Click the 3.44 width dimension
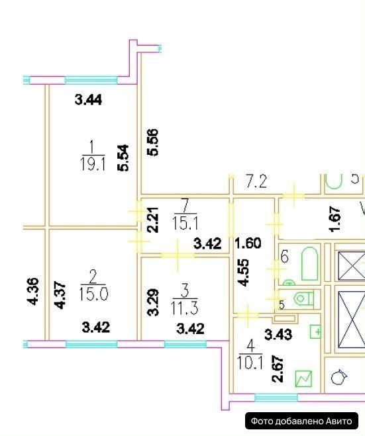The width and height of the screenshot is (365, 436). click(x=88, y=99)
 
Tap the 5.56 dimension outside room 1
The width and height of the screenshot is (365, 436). click(x=153, y=142)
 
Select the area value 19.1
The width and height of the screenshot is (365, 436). click(x=93, y=164)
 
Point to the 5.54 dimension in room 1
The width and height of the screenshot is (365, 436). click(x=123, y=157)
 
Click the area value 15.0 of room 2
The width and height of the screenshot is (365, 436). click(x=93, y=294)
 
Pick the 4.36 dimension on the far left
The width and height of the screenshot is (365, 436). click(x=33, y=291)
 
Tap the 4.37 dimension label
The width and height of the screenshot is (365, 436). click(x=61, y=294)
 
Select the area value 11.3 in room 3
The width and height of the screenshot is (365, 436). click(x=185, y=308)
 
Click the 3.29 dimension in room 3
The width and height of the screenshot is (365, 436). click(x=154, y=302)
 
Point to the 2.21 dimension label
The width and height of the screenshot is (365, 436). click(x=153, y=220)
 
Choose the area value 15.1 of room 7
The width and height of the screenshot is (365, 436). click(x=185, y=223)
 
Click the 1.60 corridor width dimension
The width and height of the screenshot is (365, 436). click(x=248, y=243)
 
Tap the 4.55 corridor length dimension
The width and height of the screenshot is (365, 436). click(x=242, y=273)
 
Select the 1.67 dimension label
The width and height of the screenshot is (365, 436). click(x=335, y=219)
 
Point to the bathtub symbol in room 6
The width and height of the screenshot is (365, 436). click(x=309, y=263)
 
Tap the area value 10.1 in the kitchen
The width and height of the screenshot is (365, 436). click(x=250, y=363)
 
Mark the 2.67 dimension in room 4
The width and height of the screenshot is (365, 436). click(x=278, y=369)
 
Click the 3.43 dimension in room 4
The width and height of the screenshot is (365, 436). click(x=278, y=335)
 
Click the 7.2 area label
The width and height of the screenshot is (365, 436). click(x=256, y=181)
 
